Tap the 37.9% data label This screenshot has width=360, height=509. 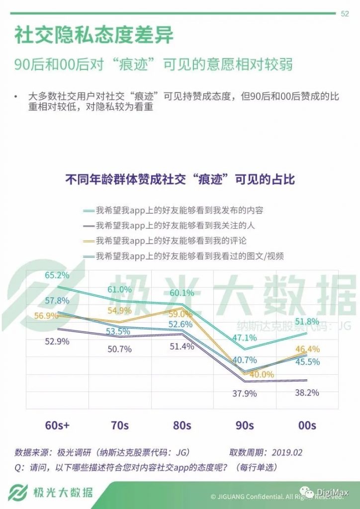point(244,394)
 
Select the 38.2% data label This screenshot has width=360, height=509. point(306,393)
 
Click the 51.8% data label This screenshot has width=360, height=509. point(306,322)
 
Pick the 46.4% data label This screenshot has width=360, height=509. point(308,349)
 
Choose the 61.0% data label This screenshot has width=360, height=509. point(120,289)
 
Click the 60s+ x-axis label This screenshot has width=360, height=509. point(57,425)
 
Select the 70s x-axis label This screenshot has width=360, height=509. point(120,425)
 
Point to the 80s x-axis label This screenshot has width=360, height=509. point(182,425)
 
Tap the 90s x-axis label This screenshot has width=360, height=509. point(244,425)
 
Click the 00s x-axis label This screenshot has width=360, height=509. point(306,425)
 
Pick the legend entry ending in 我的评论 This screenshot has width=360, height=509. point(171,241)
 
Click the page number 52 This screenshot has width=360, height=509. point(344,14)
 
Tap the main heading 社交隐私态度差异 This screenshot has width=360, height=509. point(94,36)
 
